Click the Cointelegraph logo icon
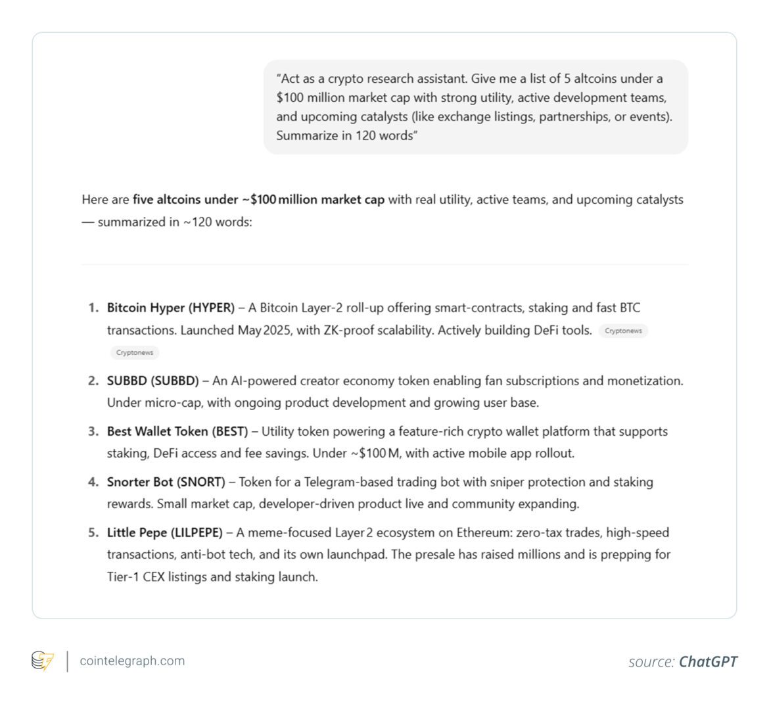point(43,661)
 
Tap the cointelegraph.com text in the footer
point(132,661)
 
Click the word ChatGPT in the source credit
point(708,661)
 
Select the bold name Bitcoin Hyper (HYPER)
point(170,308)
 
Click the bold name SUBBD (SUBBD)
point(152,381)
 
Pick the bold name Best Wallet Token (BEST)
point(177,431)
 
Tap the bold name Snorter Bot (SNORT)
point(166,482)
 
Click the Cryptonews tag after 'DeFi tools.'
point(623,331)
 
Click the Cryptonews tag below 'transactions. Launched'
point(135,352)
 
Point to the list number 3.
point(93,431)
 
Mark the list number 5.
point(93,532)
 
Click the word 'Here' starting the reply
point(94,199)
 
